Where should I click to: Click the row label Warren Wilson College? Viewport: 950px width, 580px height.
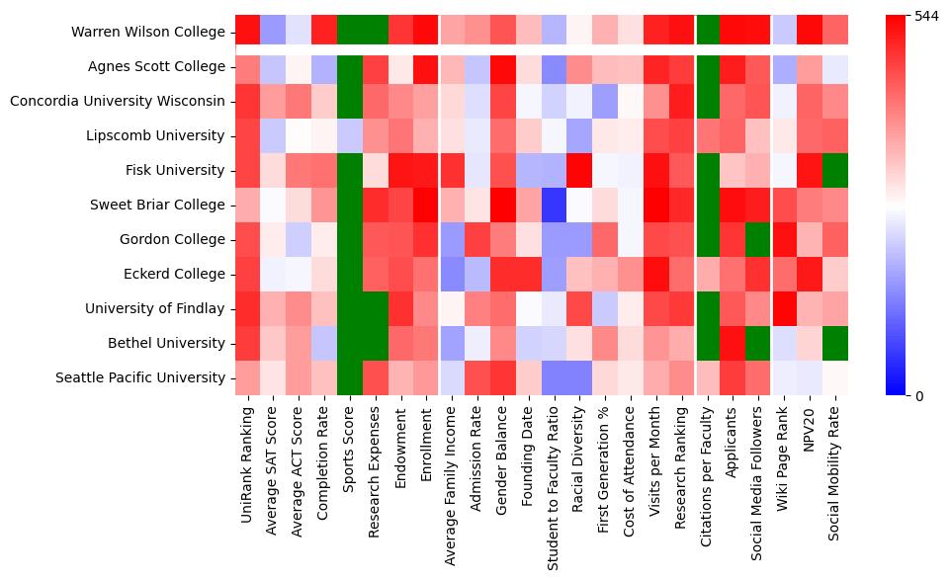tap(148, 33)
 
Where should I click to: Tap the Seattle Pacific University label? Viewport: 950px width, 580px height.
tap(140, 377)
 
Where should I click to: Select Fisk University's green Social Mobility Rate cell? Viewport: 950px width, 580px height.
tap(836, 170)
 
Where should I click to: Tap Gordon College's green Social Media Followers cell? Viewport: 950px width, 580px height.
tap(759, 239)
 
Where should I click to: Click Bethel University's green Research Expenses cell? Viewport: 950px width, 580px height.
tap(376, 343)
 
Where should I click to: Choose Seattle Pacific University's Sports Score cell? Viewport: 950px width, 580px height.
tap(350, 377)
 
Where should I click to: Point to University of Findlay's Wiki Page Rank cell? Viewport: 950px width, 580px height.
tap(785, 308)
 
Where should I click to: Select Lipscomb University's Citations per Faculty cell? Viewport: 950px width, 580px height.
tap(708, 135)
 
